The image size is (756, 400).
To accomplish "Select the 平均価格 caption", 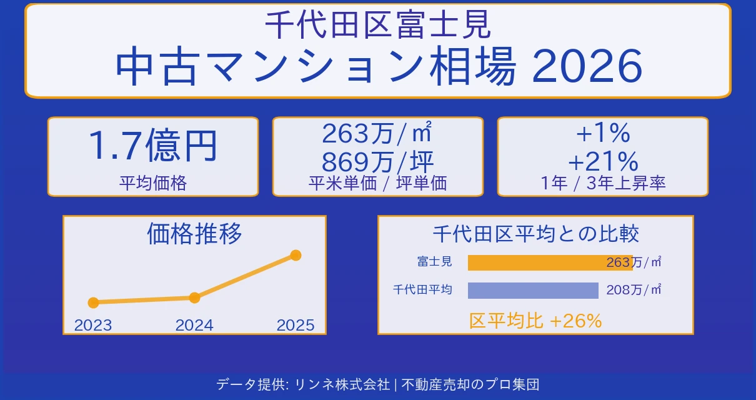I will [153, 183].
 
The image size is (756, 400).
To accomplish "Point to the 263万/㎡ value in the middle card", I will [377, 133].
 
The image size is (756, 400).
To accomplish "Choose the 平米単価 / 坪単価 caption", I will [377, 183].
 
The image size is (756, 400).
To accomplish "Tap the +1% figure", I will [602, 133].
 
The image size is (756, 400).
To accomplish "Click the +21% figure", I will [602, 161].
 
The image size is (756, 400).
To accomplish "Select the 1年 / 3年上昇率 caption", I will [602, 183].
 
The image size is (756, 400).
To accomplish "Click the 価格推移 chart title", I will [194, 234].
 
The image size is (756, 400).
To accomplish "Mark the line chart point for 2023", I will [94, 302].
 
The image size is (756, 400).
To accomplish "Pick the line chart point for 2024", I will [194, 297].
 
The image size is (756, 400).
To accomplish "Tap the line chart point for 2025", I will [296, 255].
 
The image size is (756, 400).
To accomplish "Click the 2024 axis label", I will [194, 325].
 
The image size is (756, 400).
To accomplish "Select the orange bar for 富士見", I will [537, 262].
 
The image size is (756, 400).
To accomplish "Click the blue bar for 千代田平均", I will [533, 291].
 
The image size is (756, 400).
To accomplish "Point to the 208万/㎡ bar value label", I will [634, 290].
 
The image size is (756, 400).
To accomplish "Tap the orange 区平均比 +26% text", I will [535, 321].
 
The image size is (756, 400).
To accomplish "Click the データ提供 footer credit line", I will [377, 384].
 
